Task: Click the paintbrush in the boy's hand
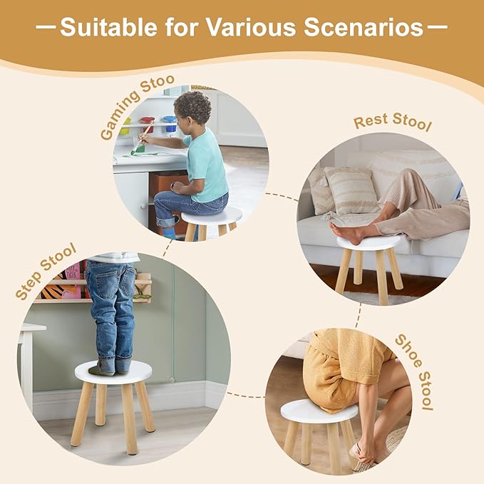click(143, 138)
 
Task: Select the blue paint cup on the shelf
click(170, 123)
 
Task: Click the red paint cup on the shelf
click(147, 124)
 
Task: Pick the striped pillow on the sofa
click(351, 190)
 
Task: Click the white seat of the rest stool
click(369, 243)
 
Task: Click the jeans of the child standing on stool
click(112, 307)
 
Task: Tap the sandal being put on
click(362, 453)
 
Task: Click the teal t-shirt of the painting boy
click(206, 164)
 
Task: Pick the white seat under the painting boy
click(211, 216)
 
